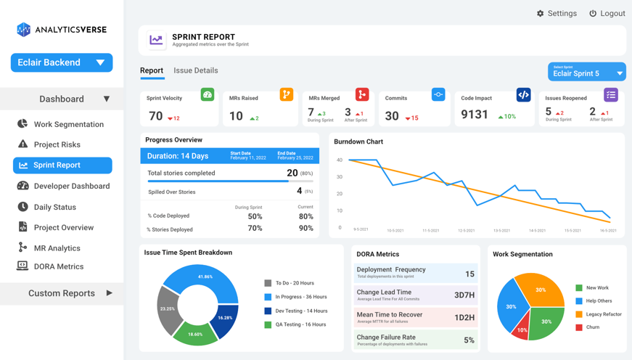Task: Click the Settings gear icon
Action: click(540, 14)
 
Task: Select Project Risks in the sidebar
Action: click(57, 144)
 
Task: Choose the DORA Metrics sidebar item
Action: click(58, 266)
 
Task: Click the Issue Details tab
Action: click(196, 70)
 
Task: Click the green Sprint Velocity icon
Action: click(208, 95)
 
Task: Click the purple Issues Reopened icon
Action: click(611, 95)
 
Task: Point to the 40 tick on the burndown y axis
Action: click(339, 160)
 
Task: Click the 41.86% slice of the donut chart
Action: click(207, 278)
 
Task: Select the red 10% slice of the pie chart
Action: click(521, 329)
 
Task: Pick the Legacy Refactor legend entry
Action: click(603, 314)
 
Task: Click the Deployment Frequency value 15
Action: click(469, 274)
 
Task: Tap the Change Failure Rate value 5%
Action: click(469, 340)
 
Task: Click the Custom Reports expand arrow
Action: click(110, 293)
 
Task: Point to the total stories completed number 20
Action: click(292, 173)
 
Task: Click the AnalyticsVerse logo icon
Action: click(24, 29)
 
